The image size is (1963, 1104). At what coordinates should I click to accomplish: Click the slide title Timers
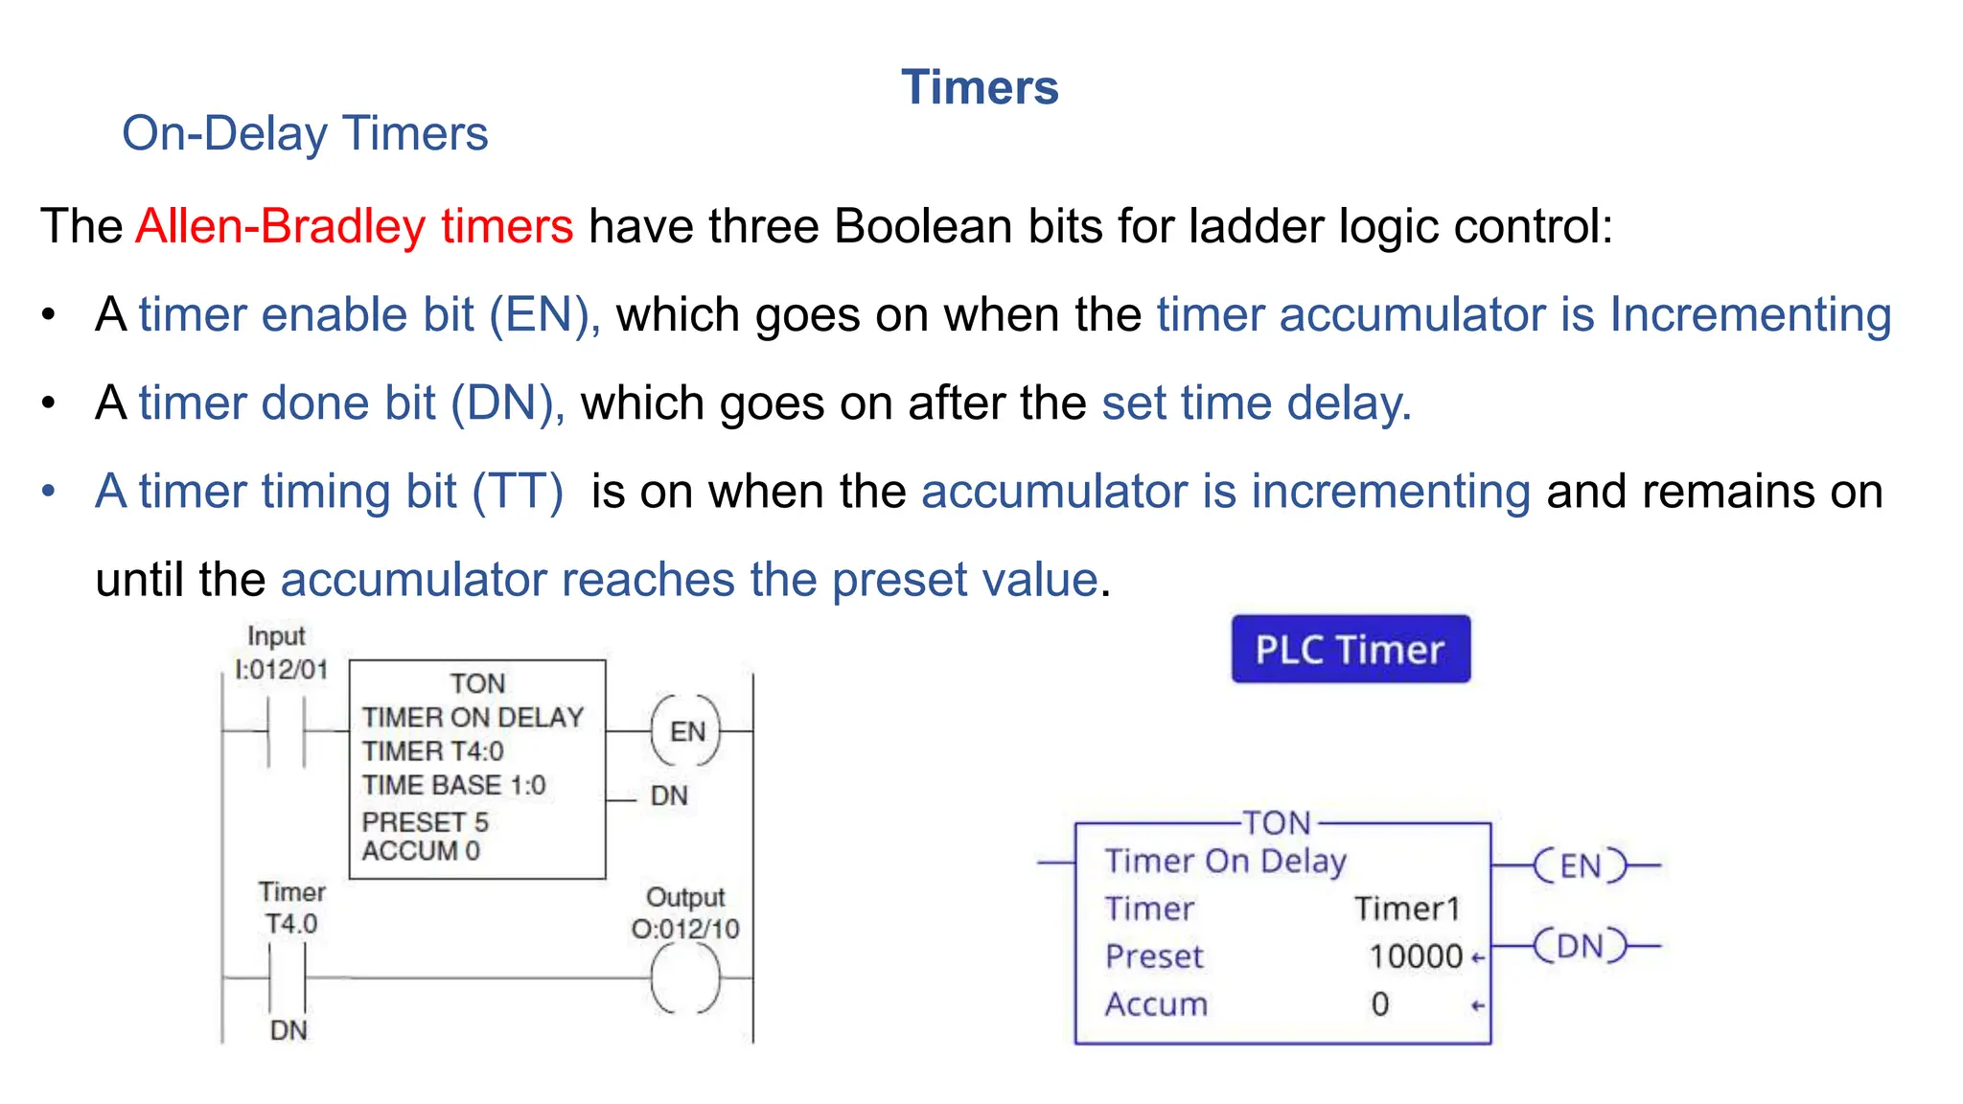[980, 87]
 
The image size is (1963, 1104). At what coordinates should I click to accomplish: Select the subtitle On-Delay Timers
[305, 133]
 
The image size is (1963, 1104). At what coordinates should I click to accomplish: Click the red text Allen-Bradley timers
[355, 226]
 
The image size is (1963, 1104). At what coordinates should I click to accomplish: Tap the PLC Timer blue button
[1350, 649]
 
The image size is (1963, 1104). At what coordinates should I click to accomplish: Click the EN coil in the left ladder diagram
[686, 731]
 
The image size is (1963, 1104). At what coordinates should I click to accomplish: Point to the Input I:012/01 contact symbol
[287, 732]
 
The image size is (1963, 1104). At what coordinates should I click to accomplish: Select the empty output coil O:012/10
[685, 977]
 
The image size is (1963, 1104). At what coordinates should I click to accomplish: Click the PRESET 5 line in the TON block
[425, 821]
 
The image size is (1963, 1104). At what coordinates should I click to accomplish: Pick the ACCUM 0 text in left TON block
[421, 851]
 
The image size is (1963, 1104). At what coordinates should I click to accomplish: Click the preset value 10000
[1416, 956]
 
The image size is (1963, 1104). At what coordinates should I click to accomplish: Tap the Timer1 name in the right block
[1406, 908]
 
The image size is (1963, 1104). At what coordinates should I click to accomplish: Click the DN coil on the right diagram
[1580, 946]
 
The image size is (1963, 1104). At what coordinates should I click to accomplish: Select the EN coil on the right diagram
[1580, 865]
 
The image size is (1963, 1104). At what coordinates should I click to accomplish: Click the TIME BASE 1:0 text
[453, 786]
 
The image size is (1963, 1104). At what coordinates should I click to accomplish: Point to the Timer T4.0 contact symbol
[287, 977]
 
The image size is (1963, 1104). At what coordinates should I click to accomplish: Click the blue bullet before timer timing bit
[49, 492]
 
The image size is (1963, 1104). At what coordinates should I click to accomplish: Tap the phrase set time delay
[1256, 402]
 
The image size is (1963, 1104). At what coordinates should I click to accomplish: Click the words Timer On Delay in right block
[1225, 861]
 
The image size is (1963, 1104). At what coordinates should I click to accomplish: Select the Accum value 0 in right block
[1379, 1004]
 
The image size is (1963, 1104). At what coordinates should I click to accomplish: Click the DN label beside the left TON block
[669, 795]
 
